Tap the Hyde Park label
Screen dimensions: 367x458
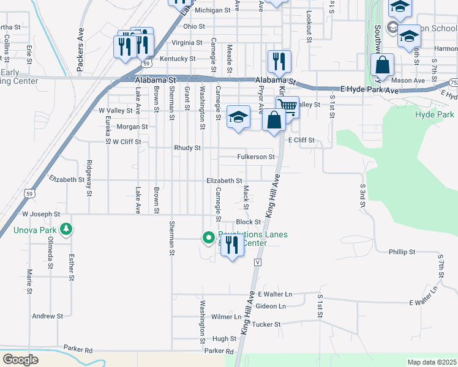(435, 114)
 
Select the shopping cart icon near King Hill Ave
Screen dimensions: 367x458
(288, 108)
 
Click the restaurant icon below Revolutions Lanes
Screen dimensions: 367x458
(231, 245)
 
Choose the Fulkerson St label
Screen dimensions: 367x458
(256, 157)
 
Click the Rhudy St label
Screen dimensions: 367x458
(187, 148)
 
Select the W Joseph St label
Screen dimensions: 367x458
(41, 215)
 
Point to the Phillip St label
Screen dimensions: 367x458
(402, 251)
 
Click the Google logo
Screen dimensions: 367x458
(20, 360)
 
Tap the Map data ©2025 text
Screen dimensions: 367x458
(432, 362)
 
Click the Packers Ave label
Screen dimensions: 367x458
(80, 42)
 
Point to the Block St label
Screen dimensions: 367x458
(249, 222)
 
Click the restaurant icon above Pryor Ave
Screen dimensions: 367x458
(279, 62)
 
